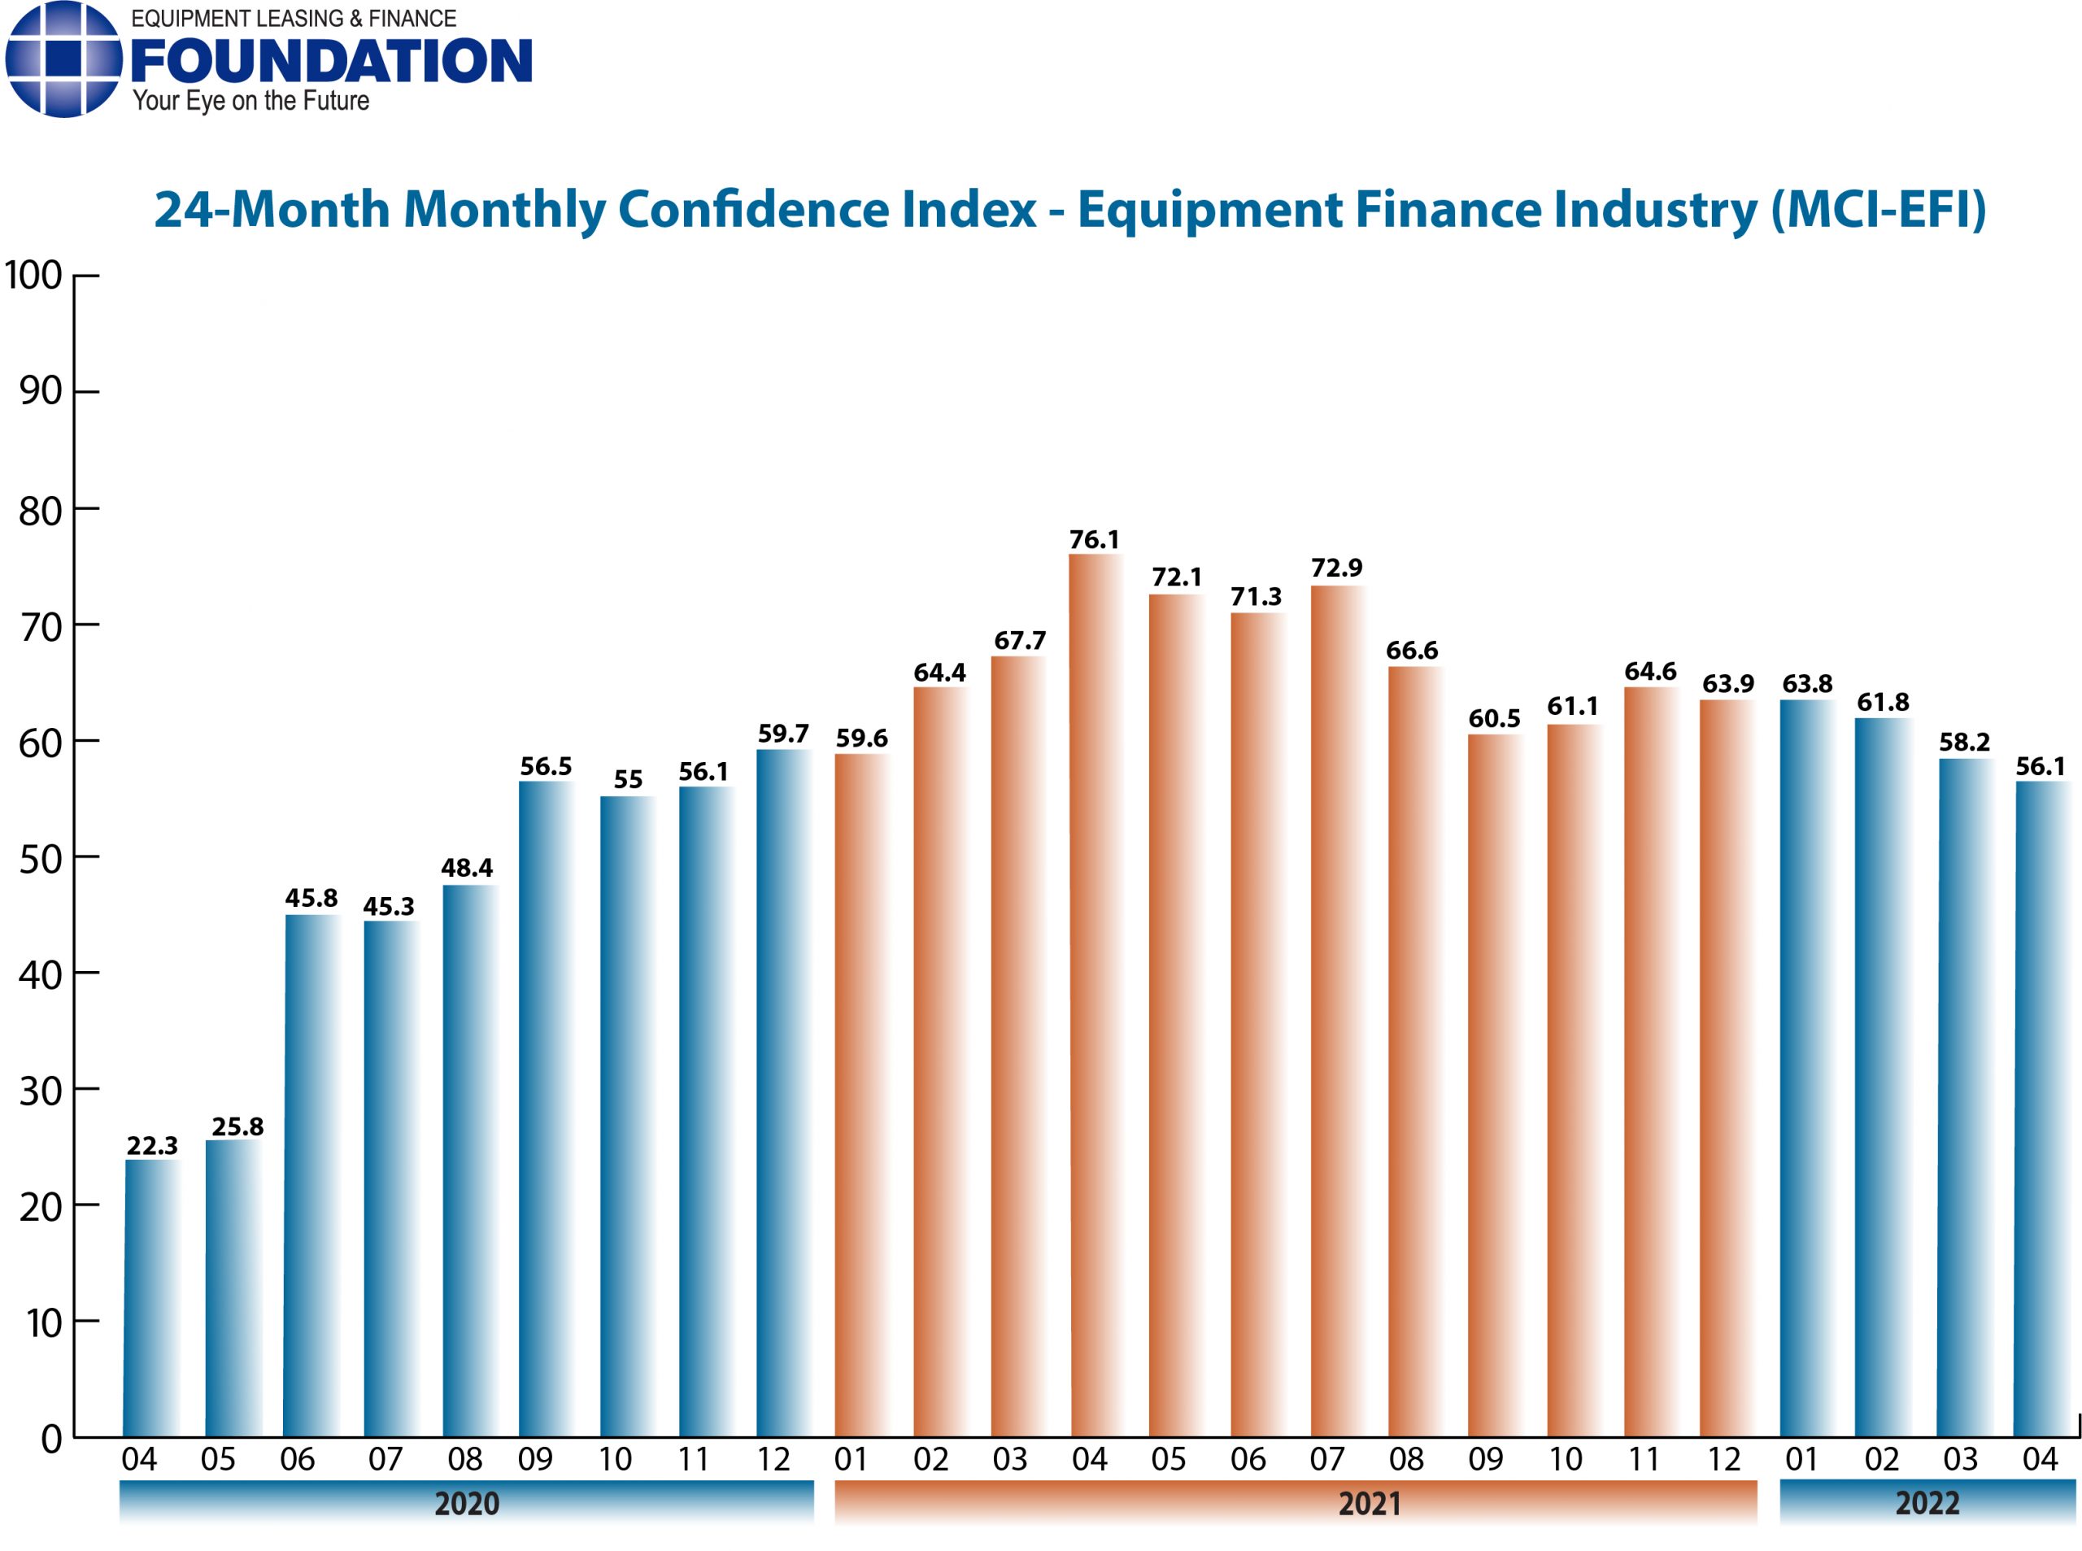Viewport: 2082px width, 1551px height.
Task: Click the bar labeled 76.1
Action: [x=1095, y=996]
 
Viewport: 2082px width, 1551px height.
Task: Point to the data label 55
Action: [x=628, y=779]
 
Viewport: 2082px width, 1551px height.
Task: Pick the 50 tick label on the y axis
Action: [x=41, y=859]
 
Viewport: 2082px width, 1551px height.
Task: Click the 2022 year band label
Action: [x=1927, y=1503]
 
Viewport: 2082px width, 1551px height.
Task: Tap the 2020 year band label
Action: [x=467, y=1503]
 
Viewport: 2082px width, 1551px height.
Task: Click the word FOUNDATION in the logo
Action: [x=331, y=62]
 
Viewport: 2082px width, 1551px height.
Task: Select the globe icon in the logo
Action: [x=63, y=59]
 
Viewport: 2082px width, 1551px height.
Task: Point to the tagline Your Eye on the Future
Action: [x=250, y=101]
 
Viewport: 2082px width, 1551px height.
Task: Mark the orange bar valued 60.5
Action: [x=1494, y=1085]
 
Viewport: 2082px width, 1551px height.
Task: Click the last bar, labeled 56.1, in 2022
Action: [x=2041, y=1109]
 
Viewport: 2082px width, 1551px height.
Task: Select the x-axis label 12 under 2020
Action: [x=773, y=1459]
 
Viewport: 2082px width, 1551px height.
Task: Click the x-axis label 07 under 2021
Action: [x=1326, y=1459]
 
